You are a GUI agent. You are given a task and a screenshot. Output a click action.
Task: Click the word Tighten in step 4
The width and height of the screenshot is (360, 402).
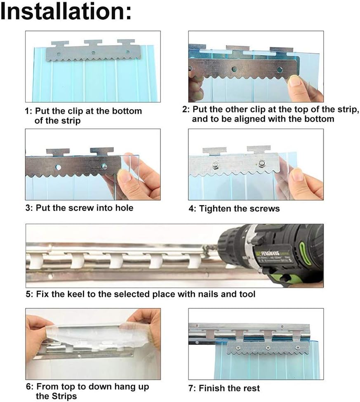tap(214, 209)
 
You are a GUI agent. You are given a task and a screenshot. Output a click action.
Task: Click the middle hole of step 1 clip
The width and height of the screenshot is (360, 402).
tap(93, 53)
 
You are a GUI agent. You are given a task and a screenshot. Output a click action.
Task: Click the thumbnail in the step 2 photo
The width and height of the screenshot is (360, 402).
tap(295, 81)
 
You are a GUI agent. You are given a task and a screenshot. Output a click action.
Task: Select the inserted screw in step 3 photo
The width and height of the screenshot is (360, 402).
tap(104, 167)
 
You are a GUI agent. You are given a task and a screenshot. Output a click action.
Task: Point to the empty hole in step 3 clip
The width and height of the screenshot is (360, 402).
tap(58, 167)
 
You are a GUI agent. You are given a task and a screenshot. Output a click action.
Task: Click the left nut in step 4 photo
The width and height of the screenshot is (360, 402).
tap(215, 165)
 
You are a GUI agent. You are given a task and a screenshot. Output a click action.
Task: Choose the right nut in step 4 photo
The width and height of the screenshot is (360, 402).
tap(261, 163)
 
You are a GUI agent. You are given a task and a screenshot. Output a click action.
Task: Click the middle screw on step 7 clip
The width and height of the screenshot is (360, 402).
tap(268, 348)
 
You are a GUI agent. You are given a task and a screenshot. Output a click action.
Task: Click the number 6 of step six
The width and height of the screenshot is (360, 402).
tap(28, 387)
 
